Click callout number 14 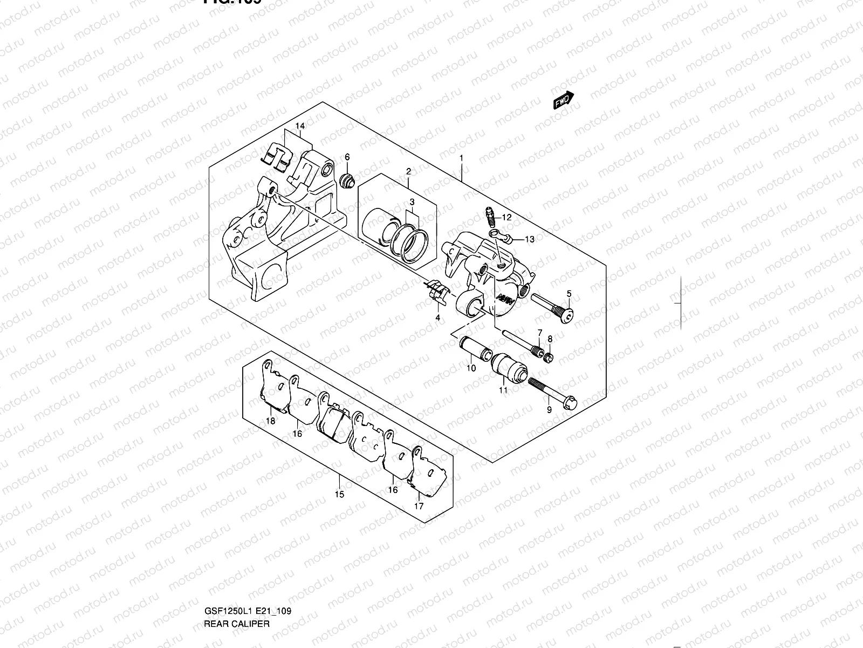300,126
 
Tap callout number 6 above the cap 347,157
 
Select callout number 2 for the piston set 408,171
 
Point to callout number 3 412,202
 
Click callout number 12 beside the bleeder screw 506,217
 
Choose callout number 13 530,239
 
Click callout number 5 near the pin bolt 569,294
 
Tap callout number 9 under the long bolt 549,410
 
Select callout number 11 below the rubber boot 503,390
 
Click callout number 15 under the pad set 339,494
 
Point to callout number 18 271,421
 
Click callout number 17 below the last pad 419,506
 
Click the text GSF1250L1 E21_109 248,566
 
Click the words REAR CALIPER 236,578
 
